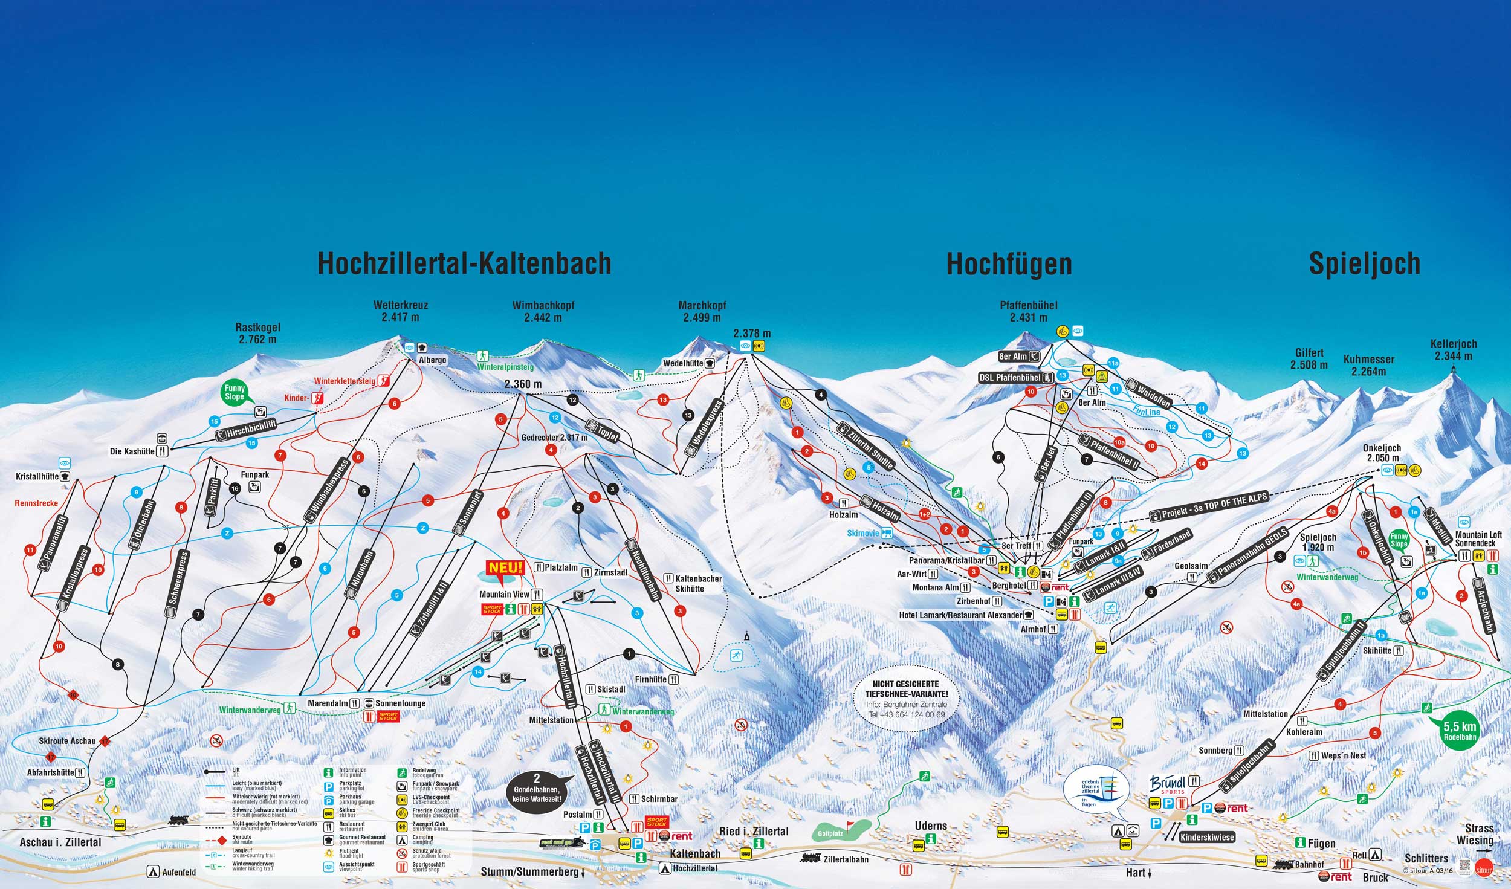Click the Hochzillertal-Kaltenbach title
(x=464, y=264)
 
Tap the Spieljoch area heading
(x=1364, y=264)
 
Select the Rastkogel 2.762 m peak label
(x=257, y=334)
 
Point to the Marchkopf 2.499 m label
(x=702, y=312)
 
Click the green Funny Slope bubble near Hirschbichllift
(x=235, y=393)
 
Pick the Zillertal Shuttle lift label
(x=865, y=447)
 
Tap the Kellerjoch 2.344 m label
(x=1453, y=349)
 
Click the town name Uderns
(x=930, y=826)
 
